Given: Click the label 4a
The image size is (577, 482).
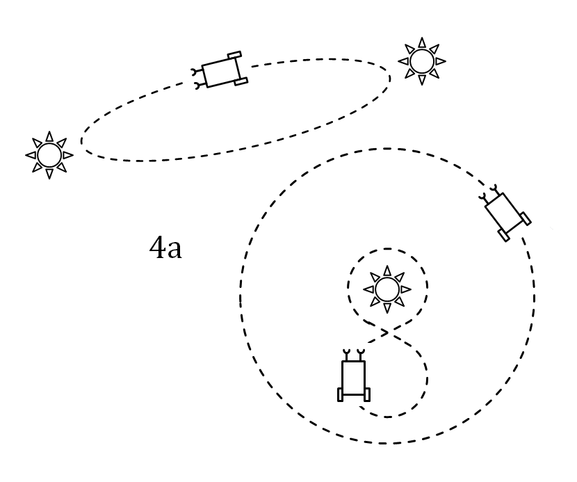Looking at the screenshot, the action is [165, 248].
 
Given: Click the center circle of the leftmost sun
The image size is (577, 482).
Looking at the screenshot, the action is [49, 155].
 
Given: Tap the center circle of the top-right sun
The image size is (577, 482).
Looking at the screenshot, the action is [422, 61].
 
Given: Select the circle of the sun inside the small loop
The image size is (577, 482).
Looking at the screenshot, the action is [387, 289].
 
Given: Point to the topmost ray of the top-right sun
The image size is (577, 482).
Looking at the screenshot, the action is [422, 42].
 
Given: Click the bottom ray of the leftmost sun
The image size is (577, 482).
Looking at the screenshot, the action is [49, 173].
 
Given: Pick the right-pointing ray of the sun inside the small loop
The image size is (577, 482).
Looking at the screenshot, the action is [405, 289].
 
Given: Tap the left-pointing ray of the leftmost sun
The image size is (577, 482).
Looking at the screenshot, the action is [31, 155].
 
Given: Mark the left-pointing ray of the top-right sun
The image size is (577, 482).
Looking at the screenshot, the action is [403, 61].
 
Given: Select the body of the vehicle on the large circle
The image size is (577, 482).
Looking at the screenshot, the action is [503, 211].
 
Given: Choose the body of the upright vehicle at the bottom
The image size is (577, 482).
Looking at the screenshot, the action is [353, 378].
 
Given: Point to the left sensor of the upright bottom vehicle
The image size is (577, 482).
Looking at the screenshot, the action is [346, 355].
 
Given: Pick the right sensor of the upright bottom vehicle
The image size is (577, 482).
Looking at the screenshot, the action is [360, 355].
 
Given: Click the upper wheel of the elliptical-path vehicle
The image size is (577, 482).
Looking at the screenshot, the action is [234, 55].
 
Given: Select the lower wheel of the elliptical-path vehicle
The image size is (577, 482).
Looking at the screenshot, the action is [241, 81].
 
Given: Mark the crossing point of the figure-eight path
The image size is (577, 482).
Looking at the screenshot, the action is [386, 333].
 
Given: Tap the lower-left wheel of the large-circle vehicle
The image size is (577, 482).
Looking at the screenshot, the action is [504, 236].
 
